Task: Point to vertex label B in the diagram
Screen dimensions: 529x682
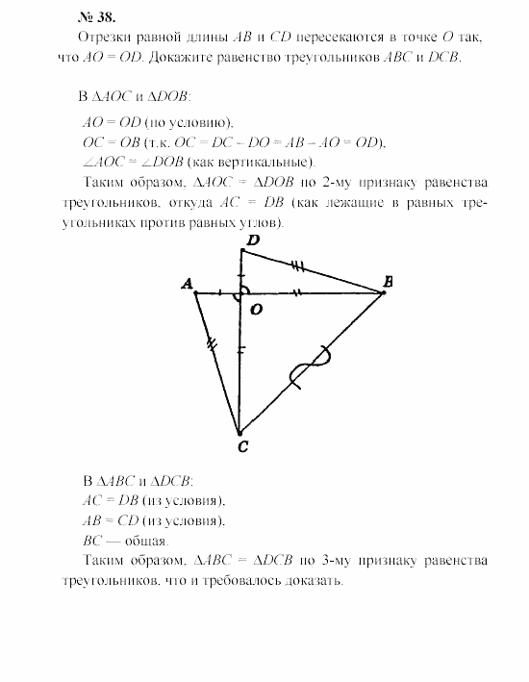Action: tap(388, 281)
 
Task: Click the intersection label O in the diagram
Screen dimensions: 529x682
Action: tap(255, 310)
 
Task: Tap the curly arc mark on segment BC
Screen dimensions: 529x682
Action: tap(312, 368)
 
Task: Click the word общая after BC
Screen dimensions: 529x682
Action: tap(140, 540)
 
